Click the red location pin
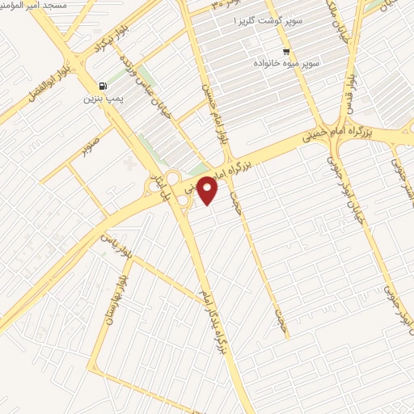pyautogui.click(x=208, y=190)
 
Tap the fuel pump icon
pyautogui.click(x=102, y=86)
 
